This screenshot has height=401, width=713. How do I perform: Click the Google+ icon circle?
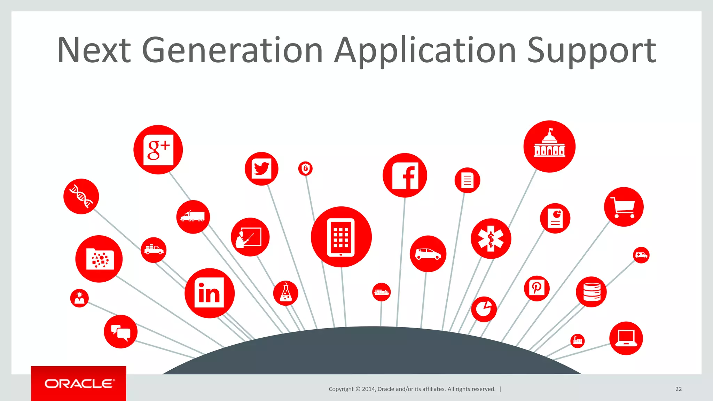(158, 150)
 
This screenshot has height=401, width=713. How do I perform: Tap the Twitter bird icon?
(261, 169)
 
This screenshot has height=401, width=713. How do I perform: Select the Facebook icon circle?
(405, 175)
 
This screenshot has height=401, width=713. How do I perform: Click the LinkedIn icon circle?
(209, 293)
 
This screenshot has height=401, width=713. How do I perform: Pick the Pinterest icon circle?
(536, 288)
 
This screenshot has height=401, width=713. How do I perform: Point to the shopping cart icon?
(624, 207)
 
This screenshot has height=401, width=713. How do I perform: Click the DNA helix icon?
(81, 196)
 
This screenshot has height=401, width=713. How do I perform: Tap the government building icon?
(549, 147)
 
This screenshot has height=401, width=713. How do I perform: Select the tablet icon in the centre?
(341, 237)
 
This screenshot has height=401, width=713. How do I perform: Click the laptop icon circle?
(626, 338)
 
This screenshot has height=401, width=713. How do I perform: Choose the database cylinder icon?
(591, 292)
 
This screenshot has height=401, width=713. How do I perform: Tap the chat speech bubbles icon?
(120, 332)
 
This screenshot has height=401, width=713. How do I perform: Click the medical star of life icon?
(491, 239)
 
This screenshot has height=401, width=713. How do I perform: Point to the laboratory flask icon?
(285, 293)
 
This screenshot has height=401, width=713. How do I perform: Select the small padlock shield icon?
(305, 169)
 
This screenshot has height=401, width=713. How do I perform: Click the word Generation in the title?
(232, 50)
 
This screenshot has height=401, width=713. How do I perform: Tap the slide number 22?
(679, 389)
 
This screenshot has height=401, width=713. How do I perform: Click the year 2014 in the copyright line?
(368, 389)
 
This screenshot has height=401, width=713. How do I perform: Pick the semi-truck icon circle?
(193, 217)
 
